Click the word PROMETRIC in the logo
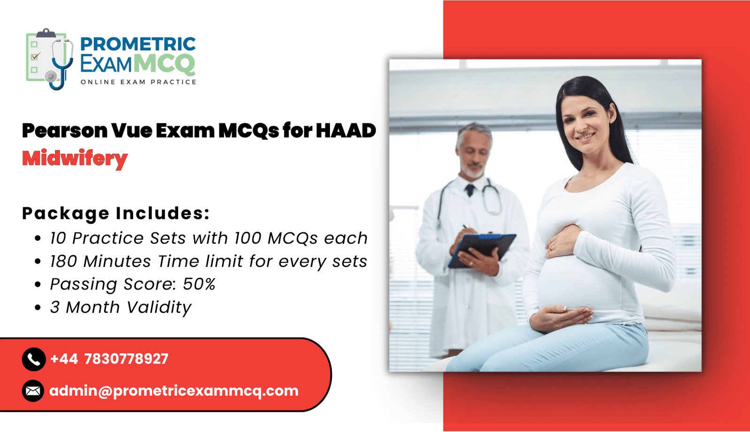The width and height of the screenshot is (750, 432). click(x=138, y=44)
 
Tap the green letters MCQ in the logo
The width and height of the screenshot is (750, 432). click(x=164, y=64)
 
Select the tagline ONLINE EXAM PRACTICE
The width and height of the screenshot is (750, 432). click(x=138, y=82)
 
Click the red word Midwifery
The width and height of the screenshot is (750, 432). click(x=75, y=159)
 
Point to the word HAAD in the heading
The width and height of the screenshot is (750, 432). click(x=346, y=130)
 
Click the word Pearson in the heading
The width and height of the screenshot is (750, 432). click(x=65, y=131)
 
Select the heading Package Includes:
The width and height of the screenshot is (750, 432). click(x=116, y=213)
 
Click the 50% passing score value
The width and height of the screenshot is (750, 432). click(x=199, y=284)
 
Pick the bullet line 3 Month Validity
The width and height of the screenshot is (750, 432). click(x=120, y=307)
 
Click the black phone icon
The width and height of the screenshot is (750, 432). click(x=34, y=359)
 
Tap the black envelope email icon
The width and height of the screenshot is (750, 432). click(x=33, y=391)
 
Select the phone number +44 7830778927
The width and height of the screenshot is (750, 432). click(x=109, y=359)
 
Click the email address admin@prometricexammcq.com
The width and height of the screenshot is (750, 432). click(x=174, y=391)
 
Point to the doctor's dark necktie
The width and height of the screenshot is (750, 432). click(x=470, y=190)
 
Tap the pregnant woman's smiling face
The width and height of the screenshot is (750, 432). click(x=585, y=123)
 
